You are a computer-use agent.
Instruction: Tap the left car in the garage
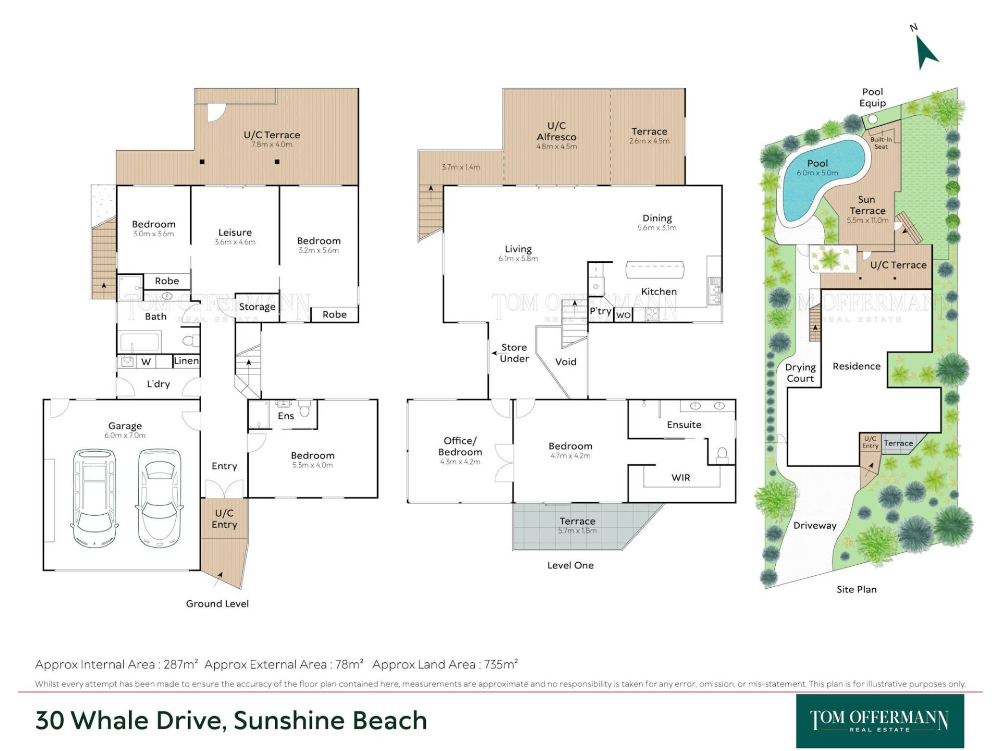(x=94, y=498)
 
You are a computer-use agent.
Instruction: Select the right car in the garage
(x=160, y=498)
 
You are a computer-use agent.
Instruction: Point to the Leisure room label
(x=235, y=233)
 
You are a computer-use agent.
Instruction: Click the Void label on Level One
(x=566, y=362)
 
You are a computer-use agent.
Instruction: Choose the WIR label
(x=681, y=478)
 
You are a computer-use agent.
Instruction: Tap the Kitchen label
(x=659, y=292)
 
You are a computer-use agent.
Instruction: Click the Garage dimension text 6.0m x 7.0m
(x=125, y=435)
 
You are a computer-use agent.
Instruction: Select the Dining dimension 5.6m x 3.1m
(x=657, y=228)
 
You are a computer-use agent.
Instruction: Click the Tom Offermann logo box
(x=880, y=721)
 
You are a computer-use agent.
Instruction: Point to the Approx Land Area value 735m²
(x=501, y=664)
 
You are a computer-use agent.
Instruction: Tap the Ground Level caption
(x=217, y=604)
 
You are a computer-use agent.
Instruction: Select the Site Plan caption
(x=857, y=590)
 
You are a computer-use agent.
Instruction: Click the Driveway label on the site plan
(x=815, y=526)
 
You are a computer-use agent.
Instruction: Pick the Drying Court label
(x=800, y=373)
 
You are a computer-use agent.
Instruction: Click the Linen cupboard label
(x=186, y=361)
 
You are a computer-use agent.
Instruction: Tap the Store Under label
(x=514, y=353)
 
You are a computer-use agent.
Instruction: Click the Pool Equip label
(x=873, y=98)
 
